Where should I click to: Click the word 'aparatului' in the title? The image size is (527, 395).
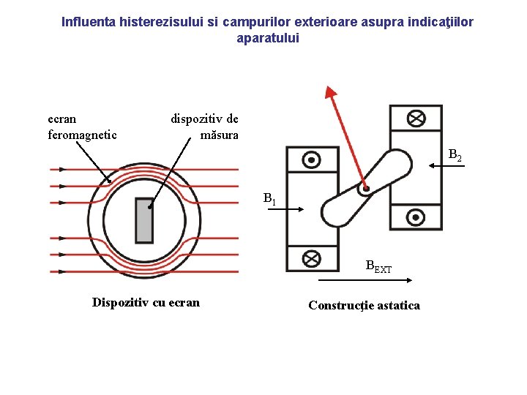[268, 38]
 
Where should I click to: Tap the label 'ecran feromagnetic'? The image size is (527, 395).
[82, 127]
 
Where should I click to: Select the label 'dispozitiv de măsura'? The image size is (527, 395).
[205, 127]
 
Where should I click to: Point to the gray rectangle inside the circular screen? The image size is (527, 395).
[144, 220]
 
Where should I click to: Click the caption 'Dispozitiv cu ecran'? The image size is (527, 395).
[146, 302]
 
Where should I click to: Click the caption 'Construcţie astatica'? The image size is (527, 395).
[364, 305]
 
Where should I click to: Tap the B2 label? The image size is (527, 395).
[455, 155]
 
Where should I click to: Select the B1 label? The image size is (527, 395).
[269, 198]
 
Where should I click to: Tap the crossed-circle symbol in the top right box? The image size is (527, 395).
[416, 118]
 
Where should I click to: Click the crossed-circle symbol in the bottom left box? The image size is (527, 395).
[312, 258]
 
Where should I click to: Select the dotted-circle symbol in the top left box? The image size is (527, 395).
[312, 159]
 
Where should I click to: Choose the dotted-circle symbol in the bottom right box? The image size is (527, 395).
[416, 217]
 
